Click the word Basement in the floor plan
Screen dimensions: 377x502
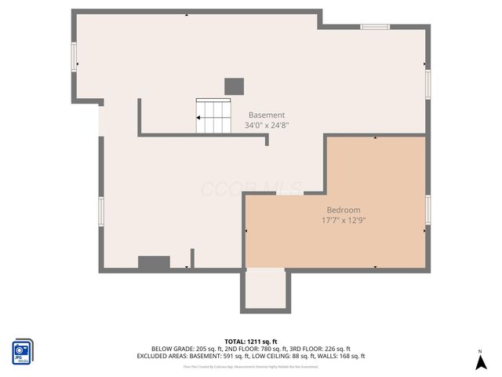pos(267,115)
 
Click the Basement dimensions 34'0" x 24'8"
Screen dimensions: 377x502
pos(267,125)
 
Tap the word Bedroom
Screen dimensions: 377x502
pos(344,210)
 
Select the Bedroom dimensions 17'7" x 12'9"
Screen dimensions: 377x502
pos(344,221)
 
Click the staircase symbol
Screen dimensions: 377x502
pos(213,116)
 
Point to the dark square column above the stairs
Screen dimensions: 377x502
pos(234,86)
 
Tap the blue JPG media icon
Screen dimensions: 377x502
pos(23,351)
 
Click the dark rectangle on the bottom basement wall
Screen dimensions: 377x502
pos(154,263)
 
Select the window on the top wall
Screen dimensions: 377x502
pos(375,27)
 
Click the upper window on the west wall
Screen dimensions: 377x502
pos(75,57)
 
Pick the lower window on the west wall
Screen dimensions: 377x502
pos(101,210)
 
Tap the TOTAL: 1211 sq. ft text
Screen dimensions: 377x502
pos(251,342)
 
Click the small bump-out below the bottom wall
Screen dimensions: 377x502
pos(266,290)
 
